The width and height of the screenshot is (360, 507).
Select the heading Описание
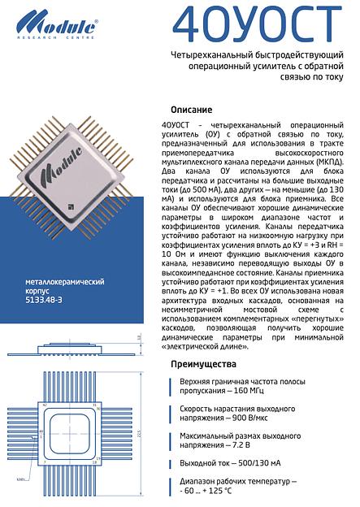click(192, 110)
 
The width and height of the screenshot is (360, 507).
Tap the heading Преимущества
click(203, 363)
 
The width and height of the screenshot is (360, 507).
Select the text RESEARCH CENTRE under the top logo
click(54, 37)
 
